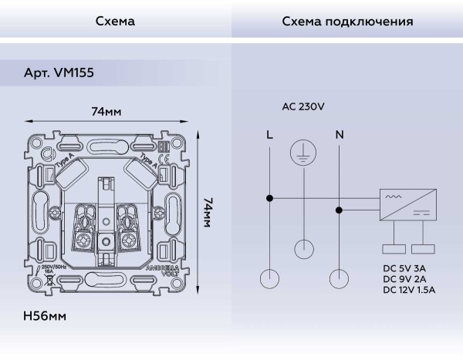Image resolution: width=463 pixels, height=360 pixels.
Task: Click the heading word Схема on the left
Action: (115, 22)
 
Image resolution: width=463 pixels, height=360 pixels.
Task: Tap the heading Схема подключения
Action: (347, 22)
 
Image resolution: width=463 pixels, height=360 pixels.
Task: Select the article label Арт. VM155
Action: (60, 72)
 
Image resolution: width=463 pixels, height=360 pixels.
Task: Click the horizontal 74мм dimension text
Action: (106, 112)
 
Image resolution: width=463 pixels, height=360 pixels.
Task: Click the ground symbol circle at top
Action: (304, 153)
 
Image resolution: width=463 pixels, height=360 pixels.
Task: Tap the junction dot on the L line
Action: (269, 198)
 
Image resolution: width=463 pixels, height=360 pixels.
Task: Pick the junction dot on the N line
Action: (340, 209)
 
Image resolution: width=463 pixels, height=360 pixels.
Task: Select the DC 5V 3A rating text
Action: (404, 267)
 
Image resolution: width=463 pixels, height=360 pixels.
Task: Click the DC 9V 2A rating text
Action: (404, 278)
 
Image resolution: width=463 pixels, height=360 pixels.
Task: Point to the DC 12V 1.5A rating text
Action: (409, 290)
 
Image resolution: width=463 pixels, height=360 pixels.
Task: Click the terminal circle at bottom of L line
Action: (269, 279)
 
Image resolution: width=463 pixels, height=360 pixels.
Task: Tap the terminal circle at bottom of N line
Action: (340, 279)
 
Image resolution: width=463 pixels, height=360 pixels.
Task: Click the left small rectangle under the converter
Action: (394, 249)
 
